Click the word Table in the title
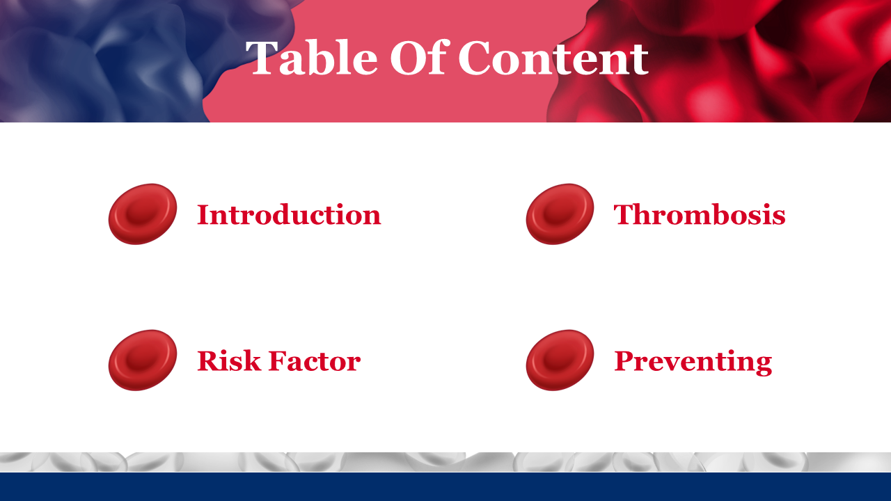311,57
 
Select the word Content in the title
553,58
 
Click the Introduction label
289,215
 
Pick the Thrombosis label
700,214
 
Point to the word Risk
229,361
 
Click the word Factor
315,361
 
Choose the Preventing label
693,363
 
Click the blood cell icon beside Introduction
143,214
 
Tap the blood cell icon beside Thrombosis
560,214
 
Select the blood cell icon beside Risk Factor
143,360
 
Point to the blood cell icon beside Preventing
560,360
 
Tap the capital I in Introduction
204,215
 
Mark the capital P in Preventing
624,361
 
